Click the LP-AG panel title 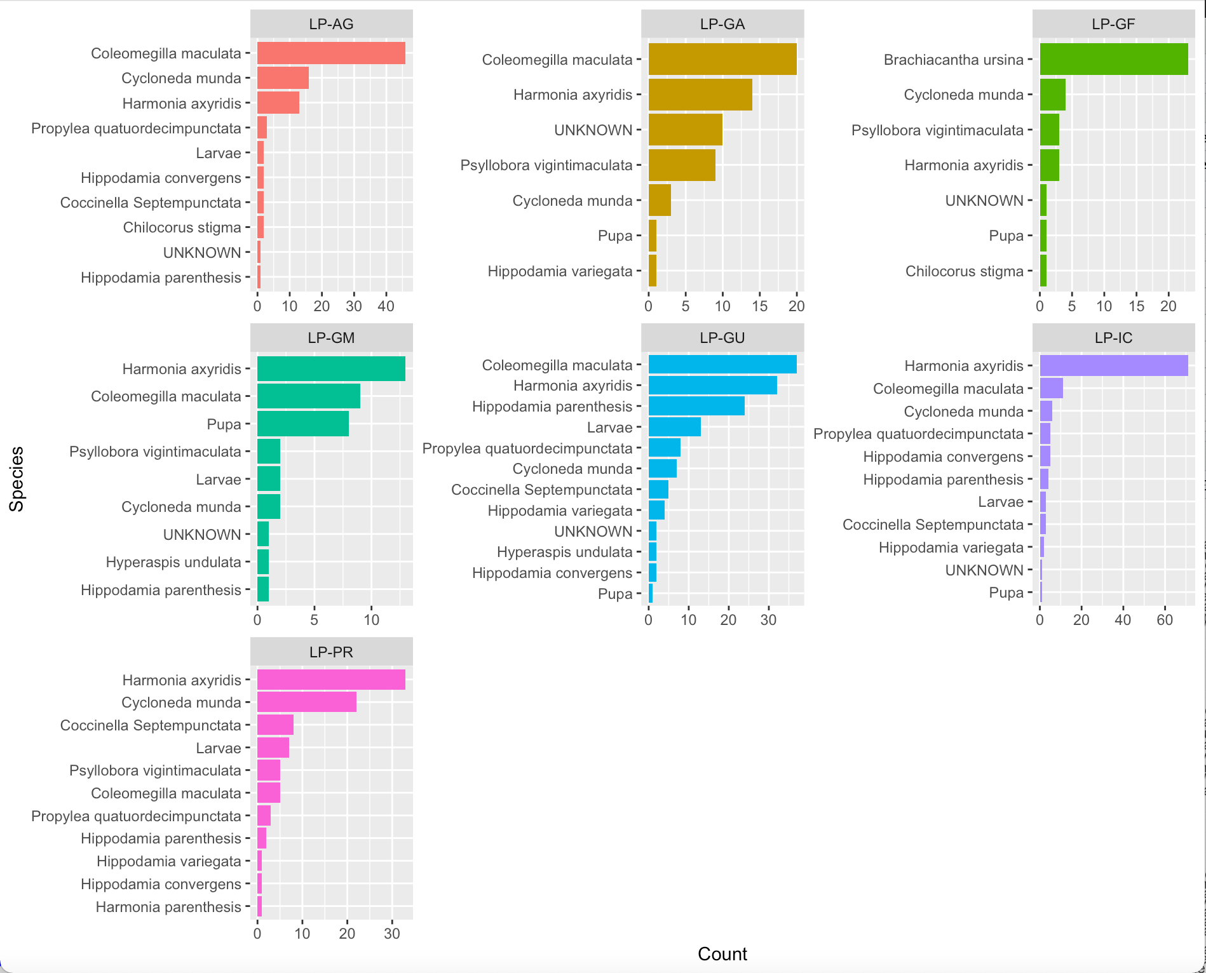pos(331,24)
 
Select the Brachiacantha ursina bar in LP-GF pos(1113,59)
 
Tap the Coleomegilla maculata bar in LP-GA pos(722,59)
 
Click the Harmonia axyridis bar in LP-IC pos(1113,366)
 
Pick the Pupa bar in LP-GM pos(302,424)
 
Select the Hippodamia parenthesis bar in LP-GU pos(696,406)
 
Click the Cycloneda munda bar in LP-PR pos(306,702)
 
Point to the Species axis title pos(17,479)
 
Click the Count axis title pos(722,954)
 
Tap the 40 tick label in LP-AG pos(386,306)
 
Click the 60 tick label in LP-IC pos(1164,620)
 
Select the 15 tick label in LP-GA pos(759,306)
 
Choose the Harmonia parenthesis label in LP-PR pos(168,907)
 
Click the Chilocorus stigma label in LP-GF pos(964,271)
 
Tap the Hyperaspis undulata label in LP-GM pos(173,562)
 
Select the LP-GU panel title pos(722,338)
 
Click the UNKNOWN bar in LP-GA pos(685,130)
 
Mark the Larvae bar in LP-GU pos(674,427)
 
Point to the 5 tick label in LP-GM pos(314,620)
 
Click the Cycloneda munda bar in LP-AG pos(283,78)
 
